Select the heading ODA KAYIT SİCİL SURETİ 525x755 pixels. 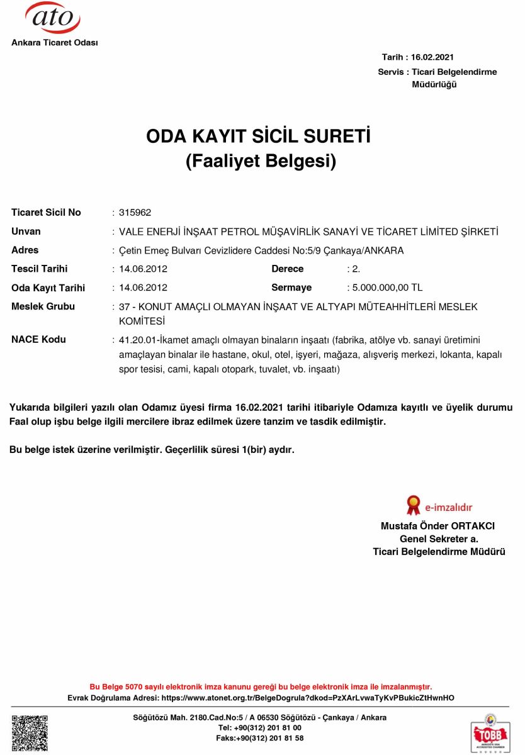259,137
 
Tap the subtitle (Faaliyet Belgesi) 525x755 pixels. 261,162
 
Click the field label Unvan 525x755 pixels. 26,232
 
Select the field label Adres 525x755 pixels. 25,250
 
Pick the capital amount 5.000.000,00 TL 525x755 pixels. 387,288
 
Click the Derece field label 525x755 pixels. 287,269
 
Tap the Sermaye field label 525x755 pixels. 291,288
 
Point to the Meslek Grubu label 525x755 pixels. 43,306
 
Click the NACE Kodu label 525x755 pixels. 38,340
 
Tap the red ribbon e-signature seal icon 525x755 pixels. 413,505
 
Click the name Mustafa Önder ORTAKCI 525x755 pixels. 438,525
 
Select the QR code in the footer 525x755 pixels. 30,733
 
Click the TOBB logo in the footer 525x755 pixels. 490,732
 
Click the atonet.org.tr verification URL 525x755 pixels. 308,698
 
